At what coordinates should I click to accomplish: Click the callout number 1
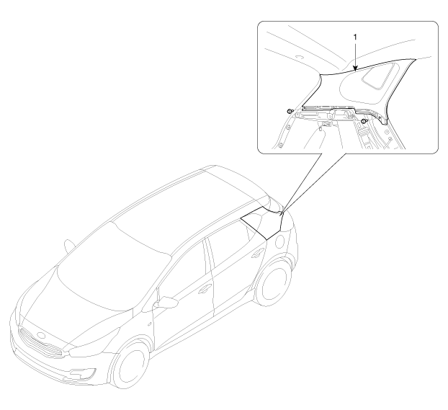(355, 37)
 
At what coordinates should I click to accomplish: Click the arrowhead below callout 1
(355, 68)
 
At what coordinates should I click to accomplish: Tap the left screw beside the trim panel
(290, 111)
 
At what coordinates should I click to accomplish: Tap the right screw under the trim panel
(364, 122)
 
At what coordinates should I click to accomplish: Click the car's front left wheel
(130, 365)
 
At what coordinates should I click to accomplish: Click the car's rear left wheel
(272, 282)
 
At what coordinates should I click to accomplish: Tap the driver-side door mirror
(166, 303)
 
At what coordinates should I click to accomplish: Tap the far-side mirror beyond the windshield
(69, 246)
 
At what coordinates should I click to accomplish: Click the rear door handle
(258, 251)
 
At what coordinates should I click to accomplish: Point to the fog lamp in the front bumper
(84, 373)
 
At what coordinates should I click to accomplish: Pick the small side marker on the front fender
(150, 324)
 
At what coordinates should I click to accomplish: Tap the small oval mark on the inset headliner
(299, 57)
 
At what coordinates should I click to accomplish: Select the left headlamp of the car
(94, 340)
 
